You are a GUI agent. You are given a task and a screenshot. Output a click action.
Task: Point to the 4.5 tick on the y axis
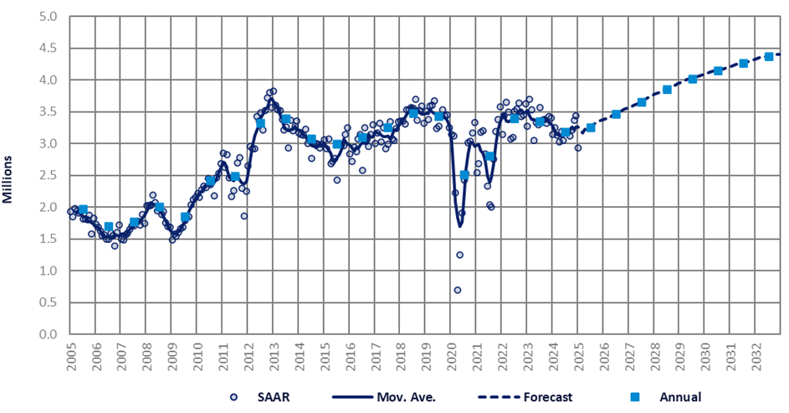pyautogui.click(x=47, y=49)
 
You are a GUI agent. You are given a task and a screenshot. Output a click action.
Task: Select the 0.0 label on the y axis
pyautogui.click(x=47, y=334)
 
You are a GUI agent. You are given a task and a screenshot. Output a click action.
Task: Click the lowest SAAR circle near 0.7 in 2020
pyautogui.click(x=458, y=290)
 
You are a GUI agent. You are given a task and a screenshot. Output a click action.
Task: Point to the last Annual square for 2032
pyautogui.click(x=769, y=57)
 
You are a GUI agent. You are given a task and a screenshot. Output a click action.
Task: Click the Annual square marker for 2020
pyautogui.click(x=464, y=175)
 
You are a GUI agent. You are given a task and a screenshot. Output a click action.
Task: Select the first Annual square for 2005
pyautogui.click(x=83, y=209)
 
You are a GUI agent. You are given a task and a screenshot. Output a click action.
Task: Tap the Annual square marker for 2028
pyautogui.click(x=667, y=90)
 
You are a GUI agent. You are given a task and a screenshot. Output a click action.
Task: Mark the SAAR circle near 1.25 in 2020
pyautogui.click(x=459, y=255)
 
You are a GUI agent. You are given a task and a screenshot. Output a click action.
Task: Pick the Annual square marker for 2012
pyautogui.click(x=260, y=123)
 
